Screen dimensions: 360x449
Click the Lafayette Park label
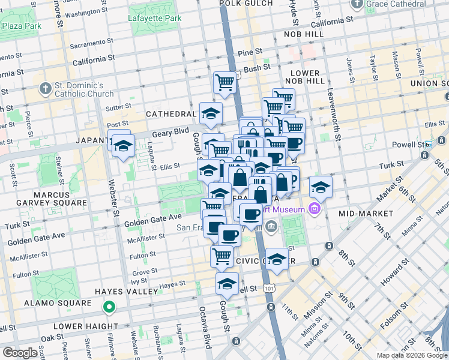[155, 19]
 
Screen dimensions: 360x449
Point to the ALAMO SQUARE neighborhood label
[57, 304]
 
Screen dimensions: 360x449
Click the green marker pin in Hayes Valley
[109, 308]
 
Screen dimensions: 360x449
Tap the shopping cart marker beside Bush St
[224, 82]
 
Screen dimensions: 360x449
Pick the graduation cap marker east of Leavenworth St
[321, 188]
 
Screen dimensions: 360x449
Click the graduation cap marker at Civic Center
[277, 259]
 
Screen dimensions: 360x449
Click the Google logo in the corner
[20, 353]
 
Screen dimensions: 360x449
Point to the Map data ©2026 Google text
[411, 355]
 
